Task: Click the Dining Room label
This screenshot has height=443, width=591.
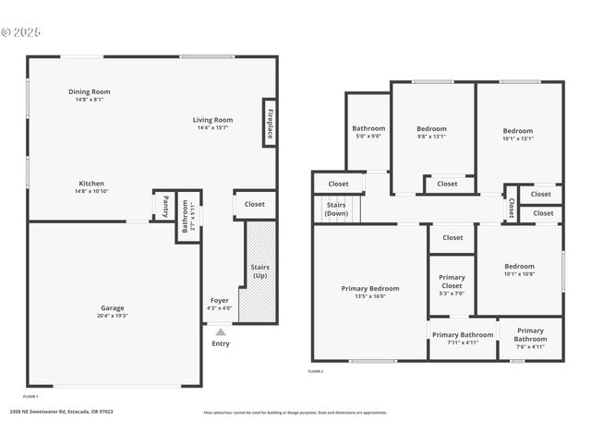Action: click(90, 91)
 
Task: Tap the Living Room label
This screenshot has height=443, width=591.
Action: click(212, 120)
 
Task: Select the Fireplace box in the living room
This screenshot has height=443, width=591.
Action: click(270, 124)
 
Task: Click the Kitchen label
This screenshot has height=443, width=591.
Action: click(90, 184)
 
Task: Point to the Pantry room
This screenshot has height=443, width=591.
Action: click(163, 205)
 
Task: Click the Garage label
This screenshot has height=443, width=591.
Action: click(113, 307)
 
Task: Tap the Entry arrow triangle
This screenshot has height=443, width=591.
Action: click(220, 330)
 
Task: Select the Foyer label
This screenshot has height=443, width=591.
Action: click(220, 300)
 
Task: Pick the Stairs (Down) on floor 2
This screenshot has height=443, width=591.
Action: click(336, 209)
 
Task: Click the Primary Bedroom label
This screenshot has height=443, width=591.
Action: click(369, 288)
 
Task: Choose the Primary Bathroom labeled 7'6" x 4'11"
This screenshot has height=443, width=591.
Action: click(530, 334)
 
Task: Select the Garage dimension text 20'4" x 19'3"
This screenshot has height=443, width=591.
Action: click(113, 316)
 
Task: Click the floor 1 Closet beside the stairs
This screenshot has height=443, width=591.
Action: click(254, 204)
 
